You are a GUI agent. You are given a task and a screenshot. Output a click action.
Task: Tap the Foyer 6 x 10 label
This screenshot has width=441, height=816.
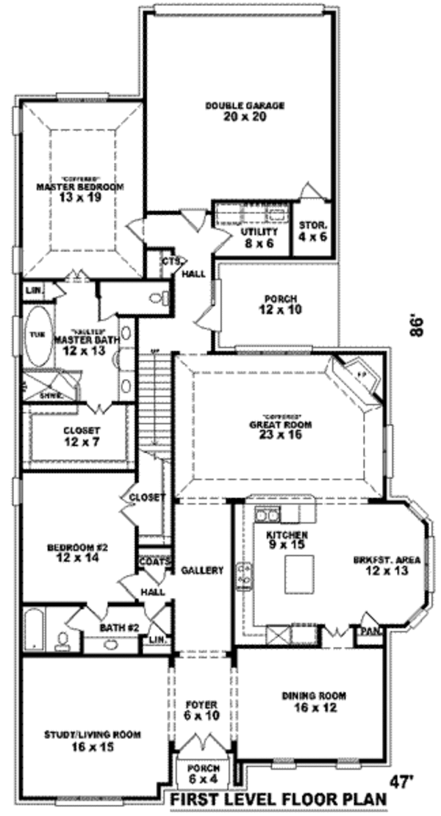[201, 707]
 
